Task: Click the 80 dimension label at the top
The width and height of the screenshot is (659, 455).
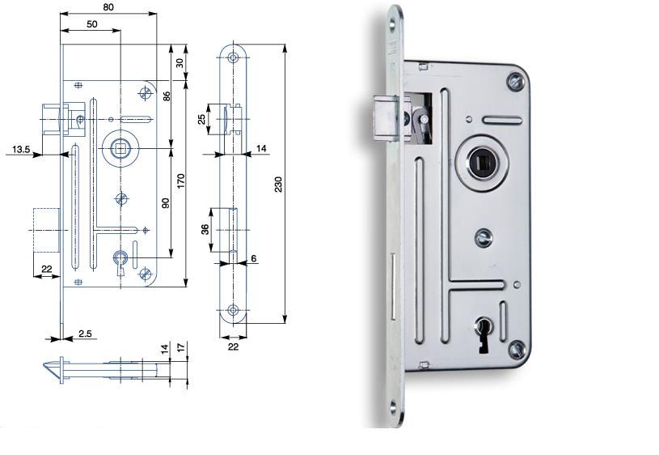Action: [108, 7]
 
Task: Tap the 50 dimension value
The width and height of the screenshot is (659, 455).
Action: [92, 24]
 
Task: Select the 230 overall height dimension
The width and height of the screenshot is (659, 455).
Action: [279, 185]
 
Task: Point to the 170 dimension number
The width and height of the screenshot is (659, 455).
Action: [181, 181]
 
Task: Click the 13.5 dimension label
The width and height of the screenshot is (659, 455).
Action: [21, 149]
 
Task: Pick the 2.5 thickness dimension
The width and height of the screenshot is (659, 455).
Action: [85, 334]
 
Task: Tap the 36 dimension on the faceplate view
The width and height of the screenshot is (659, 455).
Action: [205, 229]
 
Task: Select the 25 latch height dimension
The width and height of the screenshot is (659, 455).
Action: [202, 120]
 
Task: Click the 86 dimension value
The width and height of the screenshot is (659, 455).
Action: [167, 96]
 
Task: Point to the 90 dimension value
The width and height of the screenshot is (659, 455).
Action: [166, 203]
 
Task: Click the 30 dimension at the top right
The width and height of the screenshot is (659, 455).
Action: [180, 63]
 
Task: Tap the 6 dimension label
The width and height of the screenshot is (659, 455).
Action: [253, 258]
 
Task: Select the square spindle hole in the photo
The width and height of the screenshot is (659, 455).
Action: [482, 163]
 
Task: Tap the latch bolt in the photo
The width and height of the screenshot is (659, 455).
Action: [384, 117]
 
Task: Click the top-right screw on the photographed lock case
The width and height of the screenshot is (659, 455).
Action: [516, 82]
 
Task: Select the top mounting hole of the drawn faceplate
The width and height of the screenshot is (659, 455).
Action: [233, 57]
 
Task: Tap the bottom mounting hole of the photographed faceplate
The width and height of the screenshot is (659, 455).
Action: [393, 406]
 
